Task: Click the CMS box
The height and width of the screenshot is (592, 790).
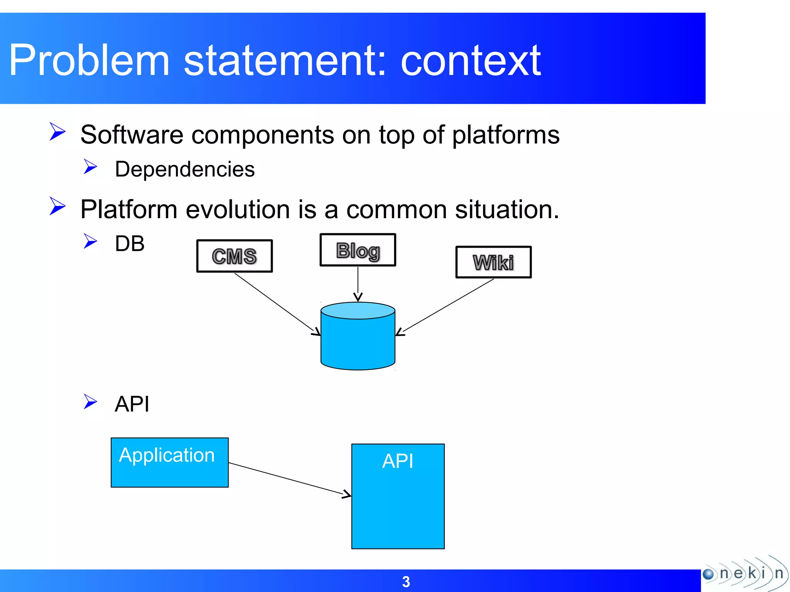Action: [x=235, y=256]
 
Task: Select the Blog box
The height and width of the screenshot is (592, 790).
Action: [x=358, y=250]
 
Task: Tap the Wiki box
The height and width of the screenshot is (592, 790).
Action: [x=493, y=262]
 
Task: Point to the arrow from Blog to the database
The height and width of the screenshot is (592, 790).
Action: [x=358, y=283]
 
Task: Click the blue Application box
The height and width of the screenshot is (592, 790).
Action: [x=169, y=462]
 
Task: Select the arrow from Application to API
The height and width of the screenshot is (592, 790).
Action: [x=289, y=479]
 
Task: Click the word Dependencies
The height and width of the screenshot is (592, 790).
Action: [x=185, y=169]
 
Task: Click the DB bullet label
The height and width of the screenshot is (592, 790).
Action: [x=130, y=244]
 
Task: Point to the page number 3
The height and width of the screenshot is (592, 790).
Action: [x=406, y=582]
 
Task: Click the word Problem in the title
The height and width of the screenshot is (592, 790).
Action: [x=89, y=61]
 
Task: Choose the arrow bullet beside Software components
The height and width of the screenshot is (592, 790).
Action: [x=58, y=131]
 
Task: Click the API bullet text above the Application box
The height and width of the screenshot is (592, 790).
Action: [x=132, y=404]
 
